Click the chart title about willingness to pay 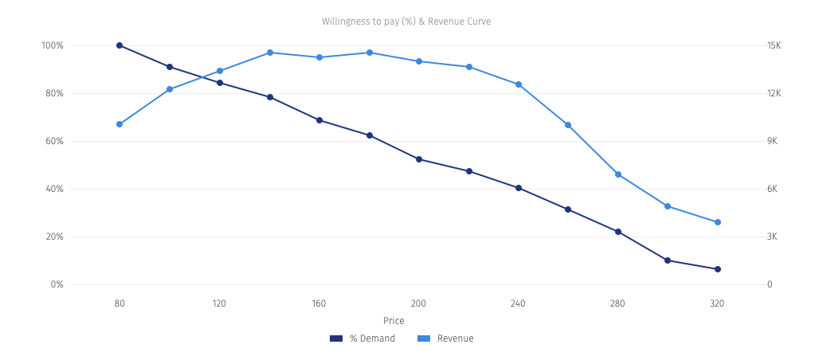tap(406, 22)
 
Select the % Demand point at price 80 tap(120, 45)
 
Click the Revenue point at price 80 tap(120, 124)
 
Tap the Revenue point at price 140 tap(269, 53)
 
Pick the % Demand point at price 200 tap(419, 159)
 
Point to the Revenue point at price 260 tap(568, 125)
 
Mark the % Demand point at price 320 tap(718, 269)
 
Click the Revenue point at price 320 tap(718, 222)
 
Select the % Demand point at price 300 tap(668, 260)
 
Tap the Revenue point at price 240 tap(519, 84)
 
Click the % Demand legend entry tap(363, 338)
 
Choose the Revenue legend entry tap(446, 338)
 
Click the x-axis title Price tap(394, 321)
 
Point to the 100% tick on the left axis tap(53, 45)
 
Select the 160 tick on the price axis tap(319, 303)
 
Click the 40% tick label tap(54, 189)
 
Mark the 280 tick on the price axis tap(618, 303)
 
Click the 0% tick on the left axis tap(57, 284)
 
